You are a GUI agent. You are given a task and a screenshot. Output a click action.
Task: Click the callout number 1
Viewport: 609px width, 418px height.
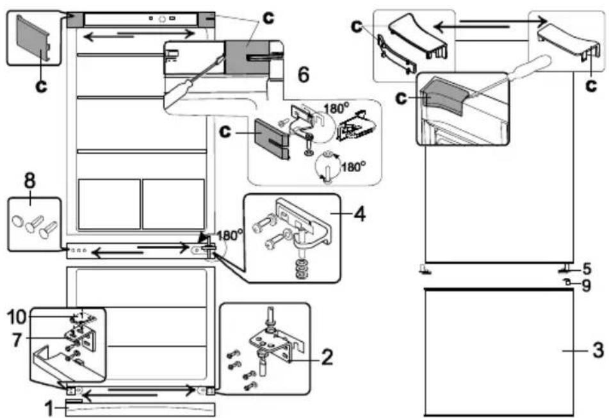(x=49, y=408)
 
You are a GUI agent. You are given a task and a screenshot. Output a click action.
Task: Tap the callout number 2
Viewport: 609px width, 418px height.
(x=327, y=357)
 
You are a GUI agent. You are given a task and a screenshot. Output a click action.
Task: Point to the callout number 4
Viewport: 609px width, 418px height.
(x=360, y=214)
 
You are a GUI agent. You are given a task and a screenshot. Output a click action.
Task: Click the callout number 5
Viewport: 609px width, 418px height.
(x=587, y=269)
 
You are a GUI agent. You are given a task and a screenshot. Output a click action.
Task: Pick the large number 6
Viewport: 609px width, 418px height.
(x=304, y=74)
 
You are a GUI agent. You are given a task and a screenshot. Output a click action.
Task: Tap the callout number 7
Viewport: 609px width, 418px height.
(x=16, y=340)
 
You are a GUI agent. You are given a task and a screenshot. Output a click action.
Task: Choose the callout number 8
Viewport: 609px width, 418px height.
(x=29, y=181)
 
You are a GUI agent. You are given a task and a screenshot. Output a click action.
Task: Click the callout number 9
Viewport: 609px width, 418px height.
(x=586, y=285)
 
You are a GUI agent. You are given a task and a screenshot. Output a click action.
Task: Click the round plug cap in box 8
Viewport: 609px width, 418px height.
(x=18, y=221)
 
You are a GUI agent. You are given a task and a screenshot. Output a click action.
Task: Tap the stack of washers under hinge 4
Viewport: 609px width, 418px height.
(x=300, y=268)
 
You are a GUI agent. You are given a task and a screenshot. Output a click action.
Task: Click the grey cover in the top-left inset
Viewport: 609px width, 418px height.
(x=33, y=38)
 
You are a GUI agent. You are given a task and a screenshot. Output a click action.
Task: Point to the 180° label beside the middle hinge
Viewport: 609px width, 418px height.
(x=230, y=236)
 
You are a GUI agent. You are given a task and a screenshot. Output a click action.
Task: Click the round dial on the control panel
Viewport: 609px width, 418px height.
(x=163, y=19)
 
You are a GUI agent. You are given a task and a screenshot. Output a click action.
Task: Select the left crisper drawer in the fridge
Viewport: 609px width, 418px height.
(x=110, y=204)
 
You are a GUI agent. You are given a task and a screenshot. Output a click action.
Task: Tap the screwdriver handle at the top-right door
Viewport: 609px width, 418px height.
(x=530, y=69)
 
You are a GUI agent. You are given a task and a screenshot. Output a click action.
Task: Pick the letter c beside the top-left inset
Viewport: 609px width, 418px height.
(x=41, y=86)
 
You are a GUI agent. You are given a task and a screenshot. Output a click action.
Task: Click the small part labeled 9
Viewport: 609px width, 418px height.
(x=568, y=282)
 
